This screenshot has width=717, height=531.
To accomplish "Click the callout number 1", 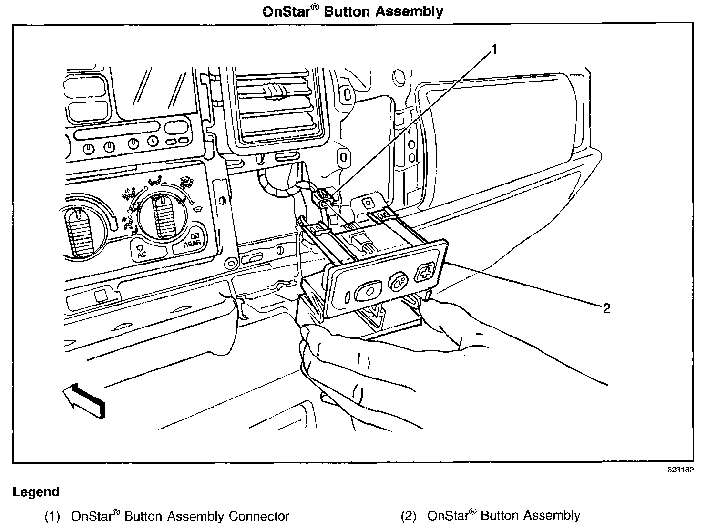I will [x=494, y=49].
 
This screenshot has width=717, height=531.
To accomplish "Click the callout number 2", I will [x=606, y=308].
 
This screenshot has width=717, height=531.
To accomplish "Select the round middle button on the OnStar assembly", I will [x=397, y=282].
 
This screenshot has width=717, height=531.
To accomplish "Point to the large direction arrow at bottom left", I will [x=84, y=400].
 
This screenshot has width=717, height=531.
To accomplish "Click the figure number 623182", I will [x=680, y=470].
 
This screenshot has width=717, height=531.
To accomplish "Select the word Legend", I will [x=36, y=492].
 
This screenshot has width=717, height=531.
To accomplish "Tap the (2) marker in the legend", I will [x=409, y=516].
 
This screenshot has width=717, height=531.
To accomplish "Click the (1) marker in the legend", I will [x=52, y=516].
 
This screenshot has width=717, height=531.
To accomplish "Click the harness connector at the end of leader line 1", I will [x=324, y=199].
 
